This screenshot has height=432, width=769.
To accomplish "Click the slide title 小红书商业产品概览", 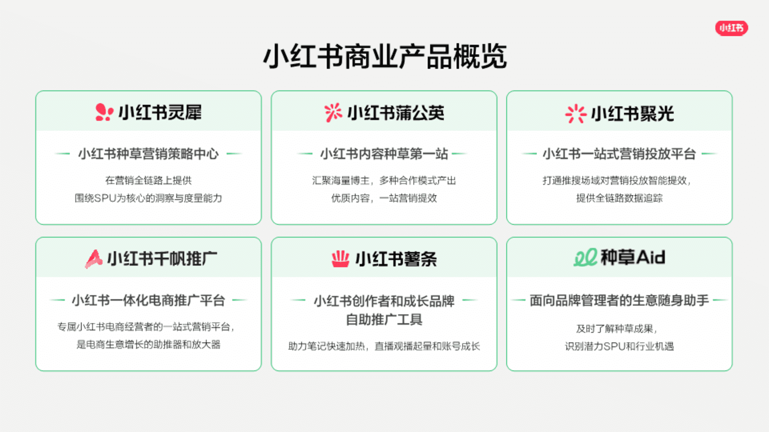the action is coord(385,56).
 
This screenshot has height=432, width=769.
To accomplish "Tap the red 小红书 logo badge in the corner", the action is coord(731,28).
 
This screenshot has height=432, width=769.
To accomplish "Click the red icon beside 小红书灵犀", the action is coord(104,112).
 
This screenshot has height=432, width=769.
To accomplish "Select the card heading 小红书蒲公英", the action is coord(396,113).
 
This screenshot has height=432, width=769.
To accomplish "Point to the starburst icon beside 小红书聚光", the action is coord(576,114).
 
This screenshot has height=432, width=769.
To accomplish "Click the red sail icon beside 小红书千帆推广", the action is coord(94,259).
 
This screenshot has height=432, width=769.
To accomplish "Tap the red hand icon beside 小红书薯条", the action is coord(340,259).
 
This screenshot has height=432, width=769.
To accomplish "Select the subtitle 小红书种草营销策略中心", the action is coord(149,154).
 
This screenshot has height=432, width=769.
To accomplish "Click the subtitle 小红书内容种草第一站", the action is coord(384,154).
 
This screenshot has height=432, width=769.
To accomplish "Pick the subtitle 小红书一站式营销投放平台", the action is coord(619,154).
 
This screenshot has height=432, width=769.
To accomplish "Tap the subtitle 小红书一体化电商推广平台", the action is coord(149,300).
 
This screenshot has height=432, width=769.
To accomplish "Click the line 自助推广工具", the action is coord(384,320).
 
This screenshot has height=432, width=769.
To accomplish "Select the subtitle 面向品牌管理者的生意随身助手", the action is coord(619,300).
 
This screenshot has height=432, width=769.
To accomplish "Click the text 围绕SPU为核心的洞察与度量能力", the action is coord(148,198).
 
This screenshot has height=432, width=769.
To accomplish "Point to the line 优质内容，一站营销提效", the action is coord(384,198).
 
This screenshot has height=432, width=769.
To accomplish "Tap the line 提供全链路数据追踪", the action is coord(619,198).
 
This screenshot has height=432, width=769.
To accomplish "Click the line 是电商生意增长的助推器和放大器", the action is coord(149,344).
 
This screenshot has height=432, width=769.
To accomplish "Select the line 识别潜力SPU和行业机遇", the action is coord(619,346).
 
